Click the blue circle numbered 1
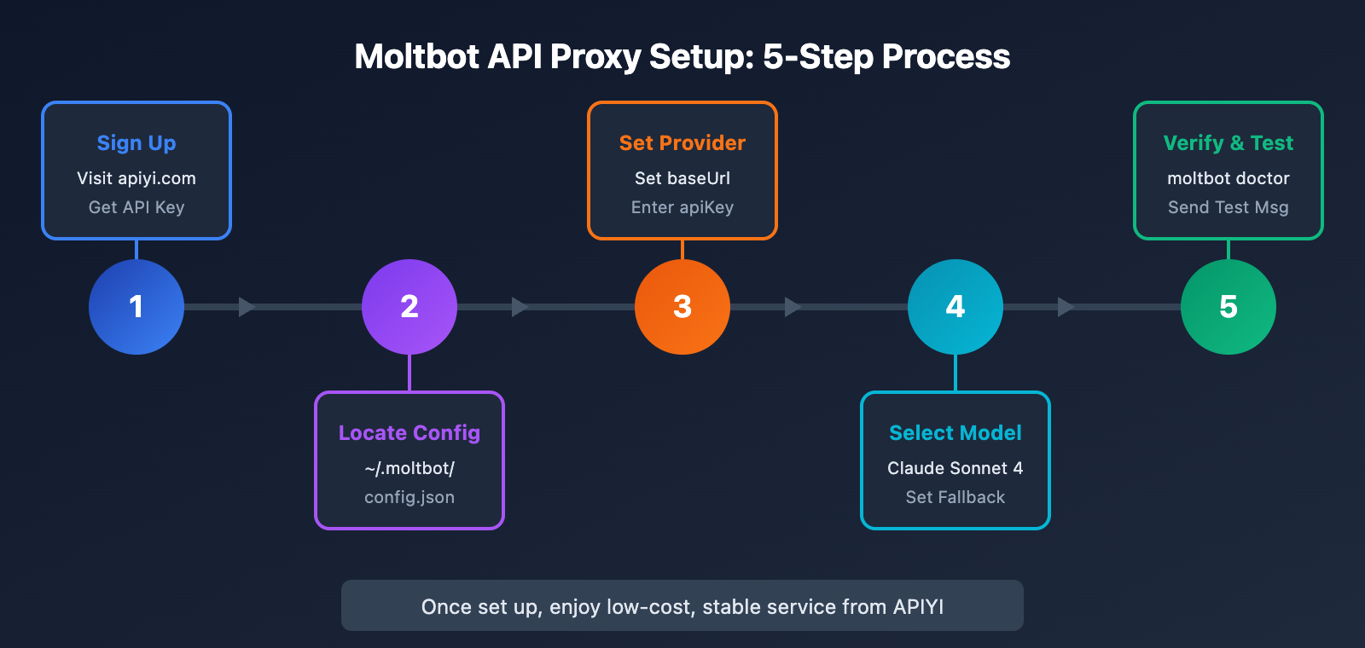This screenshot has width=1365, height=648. pos(136,307)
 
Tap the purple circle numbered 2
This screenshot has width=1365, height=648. pos(409,307)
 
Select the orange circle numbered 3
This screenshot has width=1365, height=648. pos(682,307)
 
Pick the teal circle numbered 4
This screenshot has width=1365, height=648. pos(955,307)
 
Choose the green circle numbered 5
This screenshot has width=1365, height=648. pos(1228,307)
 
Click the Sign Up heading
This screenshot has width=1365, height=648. pos(136,142)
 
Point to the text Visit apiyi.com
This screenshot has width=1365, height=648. pos(136,178)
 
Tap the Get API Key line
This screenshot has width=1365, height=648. pos(136,207)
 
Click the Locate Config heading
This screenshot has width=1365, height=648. pos(409,432)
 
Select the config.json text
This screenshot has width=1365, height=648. pos(409,497)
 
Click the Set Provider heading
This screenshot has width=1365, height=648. pos(682,142)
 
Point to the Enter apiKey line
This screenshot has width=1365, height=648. pos(682,207)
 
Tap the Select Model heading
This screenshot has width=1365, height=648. pos(955,432)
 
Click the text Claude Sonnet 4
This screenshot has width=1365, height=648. pos(955,468)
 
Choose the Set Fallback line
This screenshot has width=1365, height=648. pos(955,497)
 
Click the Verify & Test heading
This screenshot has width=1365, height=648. pos(1228,142)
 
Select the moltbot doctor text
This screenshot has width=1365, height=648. pos(1228,178)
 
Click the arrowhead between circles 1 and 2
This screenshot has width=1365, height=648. pos(247,307)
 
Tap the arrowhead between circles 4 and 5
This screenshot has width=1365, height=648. pos(1066,307)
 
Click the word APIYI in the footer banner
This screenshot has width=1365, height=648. pos(918,606)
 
